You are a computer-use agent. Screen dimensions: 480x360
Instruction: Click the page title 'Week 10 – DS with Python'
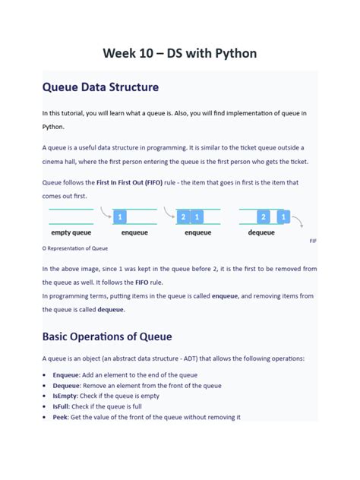(180, 53)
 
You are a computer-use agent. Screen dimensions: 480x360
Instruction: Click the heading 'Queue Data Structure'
(100, 87)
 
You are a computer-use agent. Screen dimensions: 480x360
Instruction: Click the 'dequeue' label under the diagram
(261, 232)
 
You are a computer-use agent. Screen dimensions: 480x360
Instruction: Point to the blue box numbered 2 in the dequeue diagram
(263, 216)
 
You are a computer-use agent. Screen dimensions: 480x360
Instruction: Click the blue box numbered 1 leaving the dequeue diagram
(283, 216)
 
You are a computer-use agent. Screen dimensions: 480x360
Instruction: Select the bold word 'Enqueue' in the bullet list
(68, 375)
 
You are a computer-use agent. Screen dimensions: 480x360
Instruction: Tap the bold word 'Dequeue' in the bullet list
(68, 386)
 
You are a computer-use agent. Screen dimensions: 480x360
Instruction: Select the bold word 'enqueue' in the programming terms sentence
(225, 295)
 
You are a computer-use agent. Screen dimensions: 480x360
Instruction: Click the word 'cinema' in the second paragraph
(55, 162)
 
